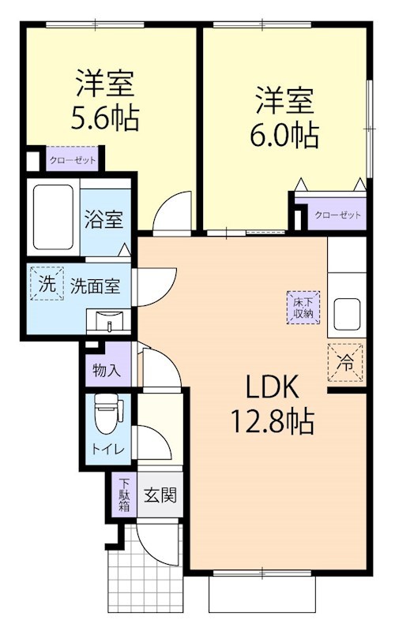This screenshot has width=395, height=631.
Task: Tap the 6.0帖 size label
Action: (x=285, y=136)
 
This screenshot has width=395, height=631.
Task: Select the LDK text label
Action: (x=270, y=388)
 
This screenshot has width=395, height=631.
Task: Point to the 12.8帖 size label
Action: (x=270, y=421)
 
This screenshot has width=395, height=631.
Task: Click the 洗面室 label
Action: (x=94, y=286)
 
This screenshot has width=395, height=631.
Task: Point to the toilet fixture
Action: (x=104, y=416)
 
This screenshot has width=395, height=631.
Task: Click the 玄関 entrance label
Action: (x=160, y=495)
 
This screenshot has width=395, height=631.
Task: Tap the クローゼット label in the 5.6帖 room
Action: (x=73, y=159)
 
